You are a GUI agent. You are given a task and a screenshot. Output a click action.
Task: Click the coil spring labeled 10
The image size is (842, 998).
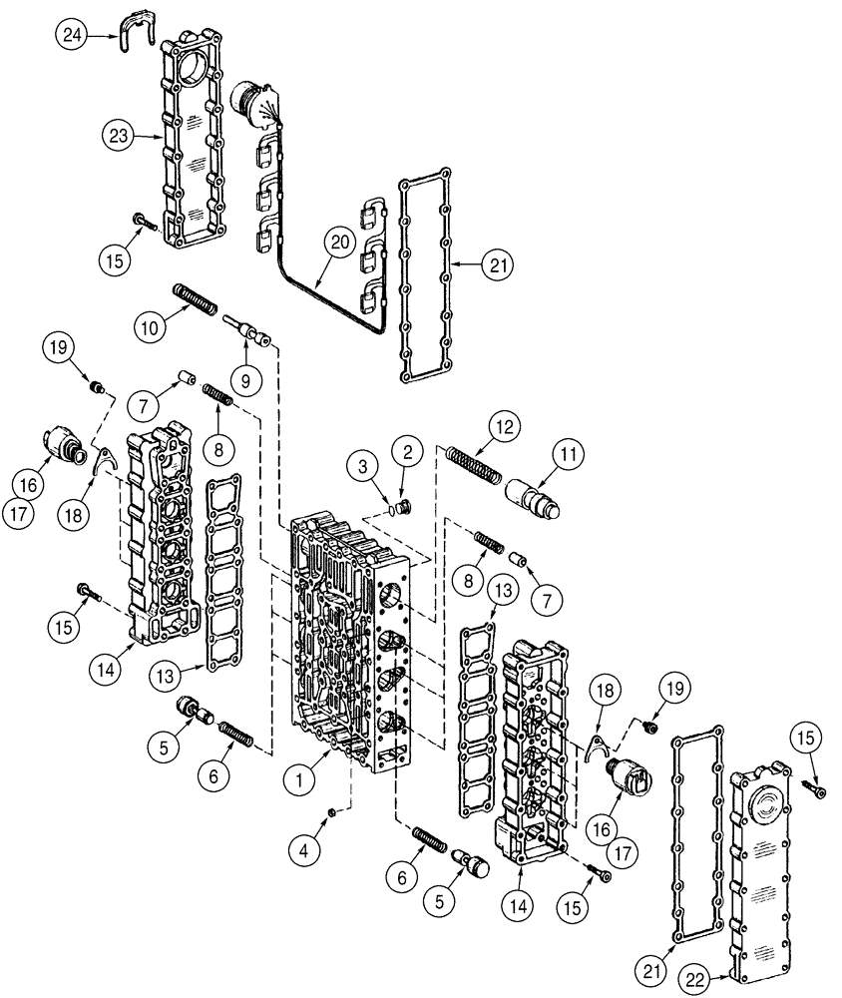click(x=197, y=298)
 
